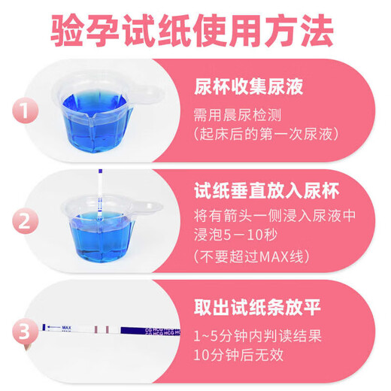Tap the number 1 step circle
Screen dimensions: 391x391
pyautogui.click(x=26, y=113)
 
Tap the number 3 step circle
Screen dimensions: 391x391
pyautogui.click(x=26, y=332)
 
